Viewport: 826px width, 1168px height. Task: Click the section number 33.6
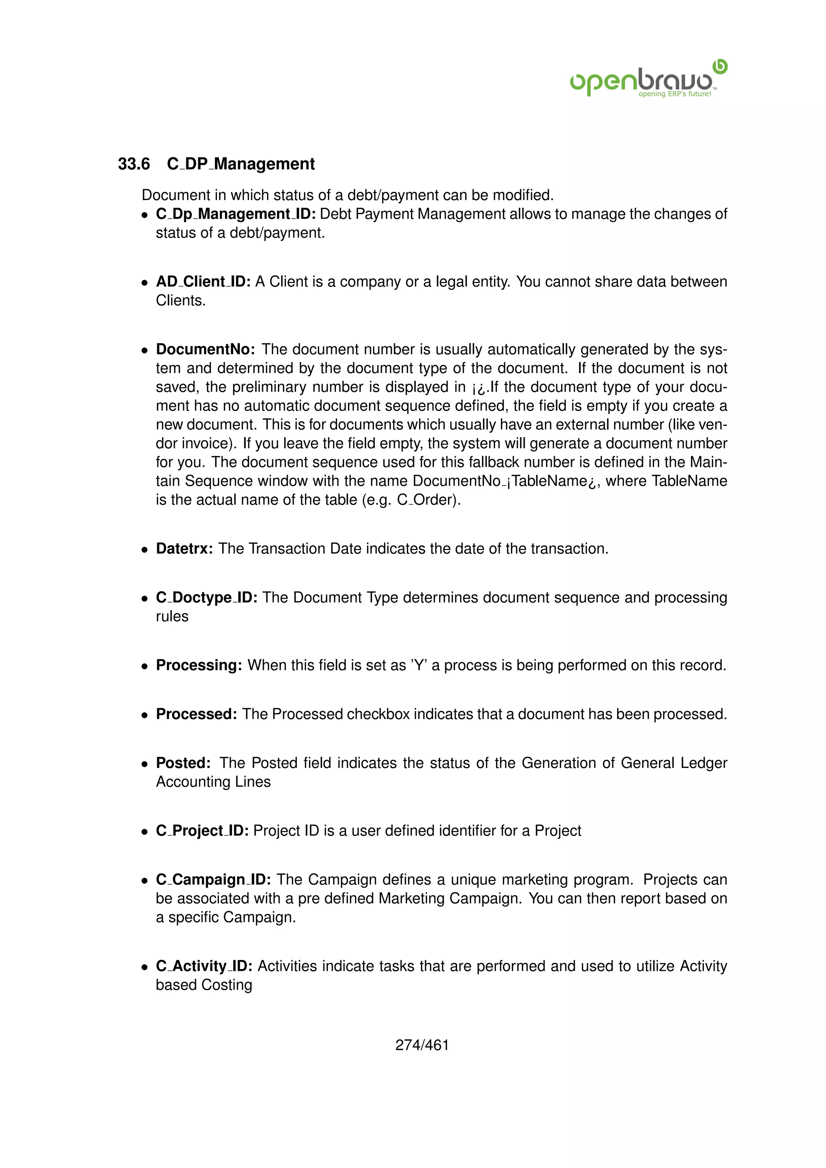[x=134, y=164]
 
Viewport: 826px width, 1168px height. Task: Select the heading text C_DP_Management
[x=240, y=164]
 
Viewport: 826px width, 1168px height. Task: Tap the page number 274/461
[x=422, y=1045]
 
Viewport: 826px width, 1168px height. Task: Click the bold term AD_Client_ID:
[x=203, y=282]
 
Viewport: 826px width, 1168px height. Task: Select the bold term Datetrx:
[x=184, y=549]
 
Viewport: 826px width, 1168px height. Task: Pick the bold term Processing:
[x=199, y=665]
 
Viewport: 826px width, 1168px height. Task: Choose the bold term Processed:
[x=196, y=714]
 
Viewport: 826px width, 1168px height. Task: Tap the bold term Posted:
[x=183, y=763]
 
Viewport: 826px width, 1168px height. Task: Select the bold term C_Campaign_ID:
[x=213, y=880]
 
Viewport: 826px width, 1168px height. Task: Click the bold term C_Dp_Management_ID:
[x=236, y=214]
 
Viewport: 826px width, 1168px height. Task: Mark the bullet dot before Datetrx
[x=145, y=550]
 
